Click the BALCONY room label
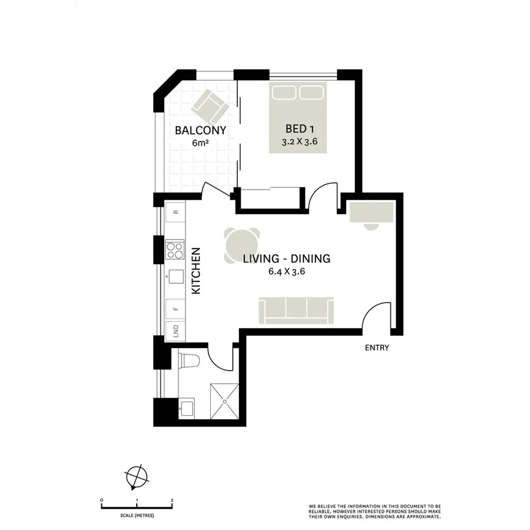click(200, 130)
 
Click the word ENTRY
click(377, 348)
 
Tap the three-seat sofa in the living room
click(296, 310)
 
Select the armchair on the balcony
click(209, 106)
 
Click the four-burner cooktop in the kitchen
click(175, 250)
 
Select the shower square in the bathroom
click(226, 400)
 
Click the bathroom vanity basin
click(186, 408)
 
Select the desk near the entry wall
click(371, 213)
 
